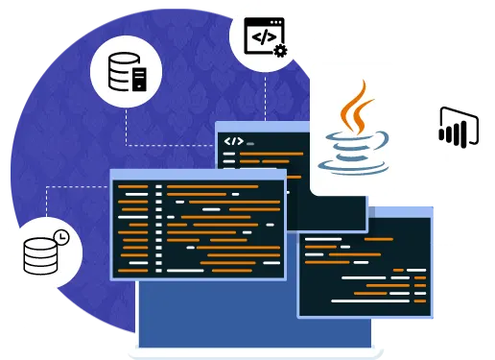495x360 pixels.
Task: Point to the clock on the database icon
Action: [x=60, y=236]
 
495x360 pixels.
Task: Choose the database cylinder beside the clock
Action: [x=40, y=253]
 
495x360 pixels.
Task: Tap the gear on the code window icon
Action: [x=280, y=49]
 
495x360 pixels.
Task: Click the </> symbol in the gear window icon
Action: [x=260, y=36]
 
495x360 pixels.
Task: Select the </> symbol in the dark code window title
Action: [x=233, y=141]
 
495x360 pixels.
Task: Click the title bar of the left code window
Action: [x=198, y=175]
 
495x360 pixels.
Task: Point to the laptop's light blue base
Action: [x=254, y=351]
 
